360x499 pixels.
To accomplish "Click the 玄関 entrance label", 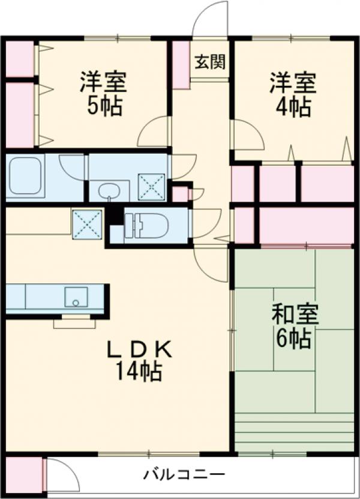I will coord(209,61).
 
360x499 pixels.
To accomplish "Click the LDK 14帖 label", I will coord(139,360).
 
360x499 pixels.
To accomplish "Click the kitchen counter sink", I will coord(76,297).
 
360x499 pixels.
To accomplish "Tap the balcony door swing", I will coord(62,476).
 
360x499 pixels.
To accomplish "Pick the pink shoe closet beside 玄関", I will coord(181,65).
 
